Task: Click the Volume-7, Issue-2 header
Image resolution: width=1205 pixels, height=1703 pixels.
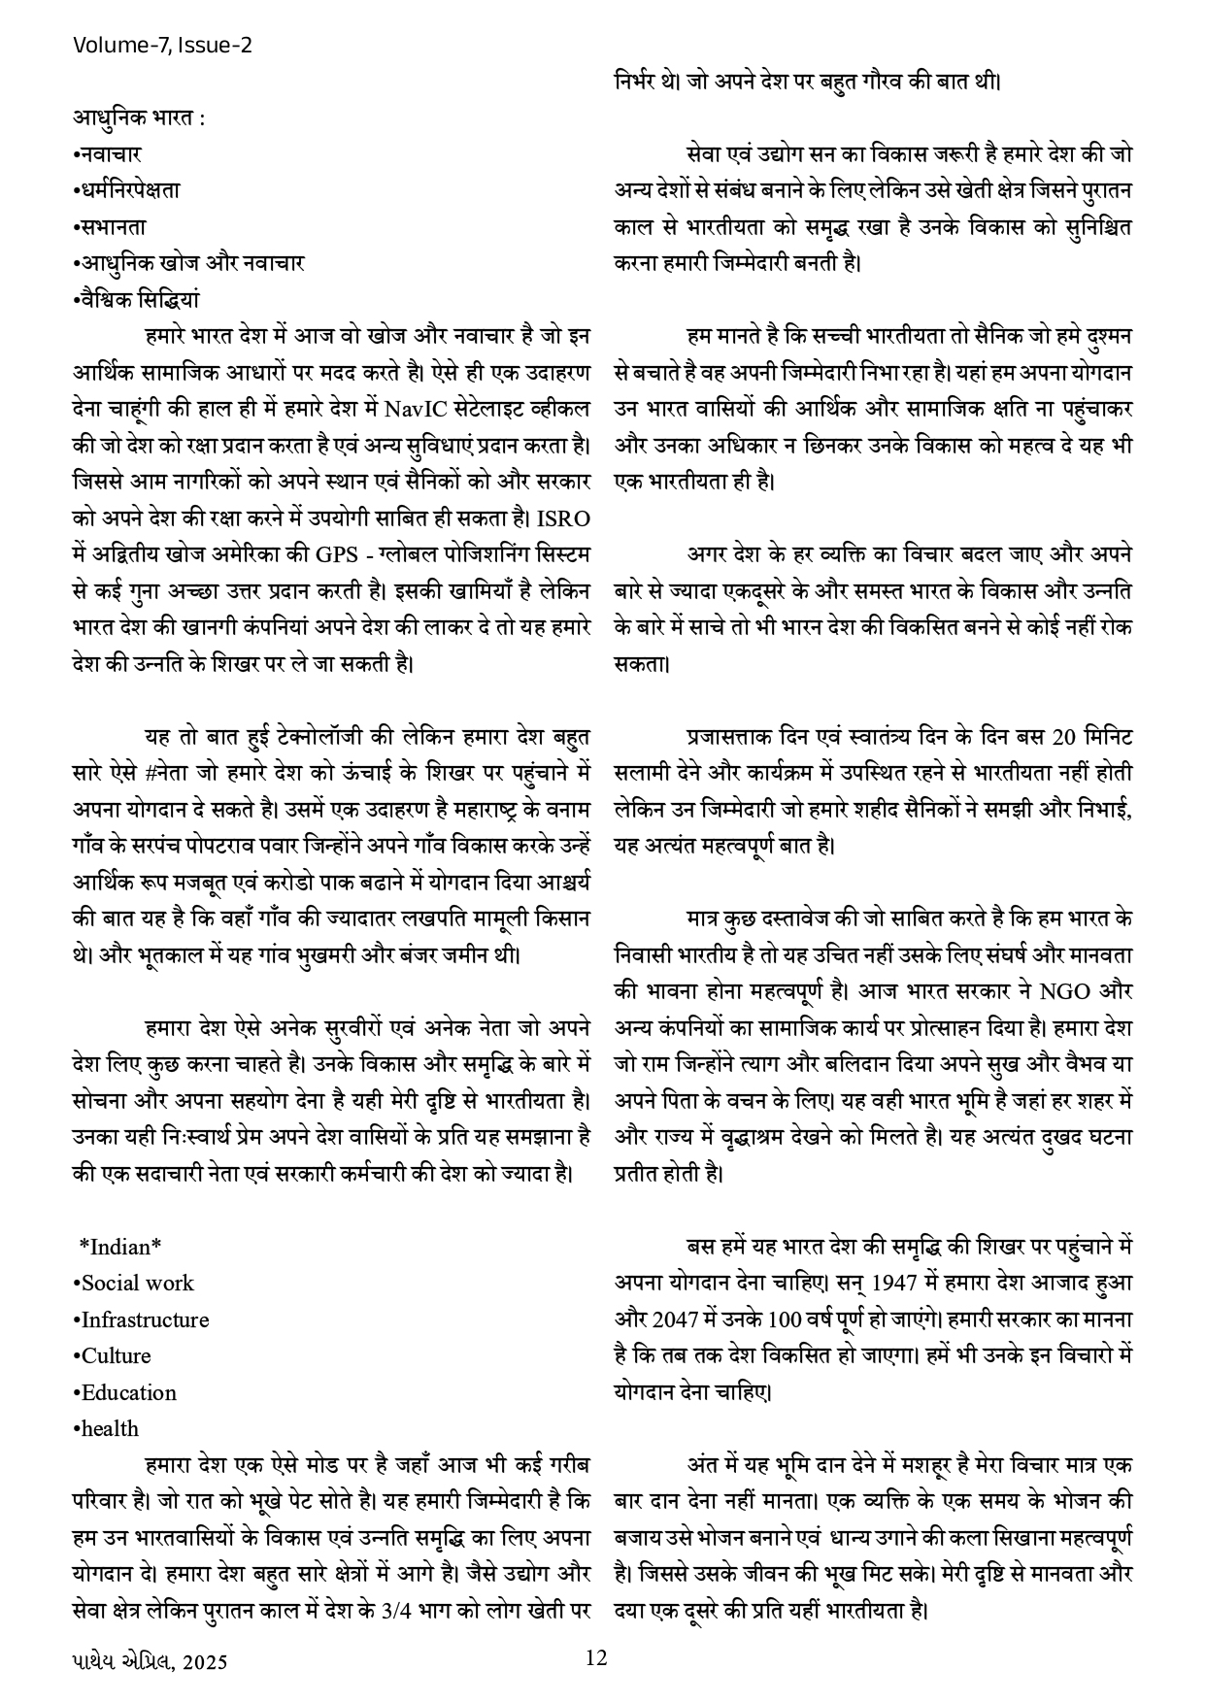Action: [162, 45]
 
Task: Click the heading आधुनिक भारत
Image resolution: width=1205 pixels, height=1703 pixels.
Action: [138, 117]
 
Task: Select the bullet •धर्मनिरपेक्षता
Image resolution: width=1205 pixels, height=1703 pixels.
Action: [126, 190]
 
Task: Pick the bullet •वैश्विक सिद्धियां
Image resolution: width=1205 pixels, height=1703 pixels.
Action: [136, 299]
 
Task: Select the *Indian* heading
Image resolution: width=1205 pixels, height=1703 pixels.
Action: [120, 1247]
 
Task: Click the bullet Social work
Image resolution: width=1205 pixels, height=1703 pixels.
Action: [134, 1283]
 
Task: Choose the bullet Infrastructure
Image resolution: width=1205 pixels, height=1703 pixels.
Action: [141, 1319]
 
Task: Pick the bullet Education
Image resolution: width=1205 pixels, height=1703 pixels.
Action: [125, 1392]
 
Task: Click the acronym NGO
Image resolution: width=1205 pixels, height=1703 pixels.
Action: [1066, 991]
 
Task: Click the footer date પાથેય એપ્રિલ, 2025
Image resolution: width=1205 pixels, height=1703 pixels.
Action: [150, 1661]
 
